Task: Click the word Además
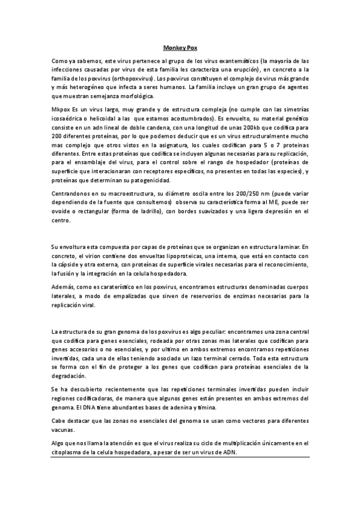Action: (63, 287)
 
